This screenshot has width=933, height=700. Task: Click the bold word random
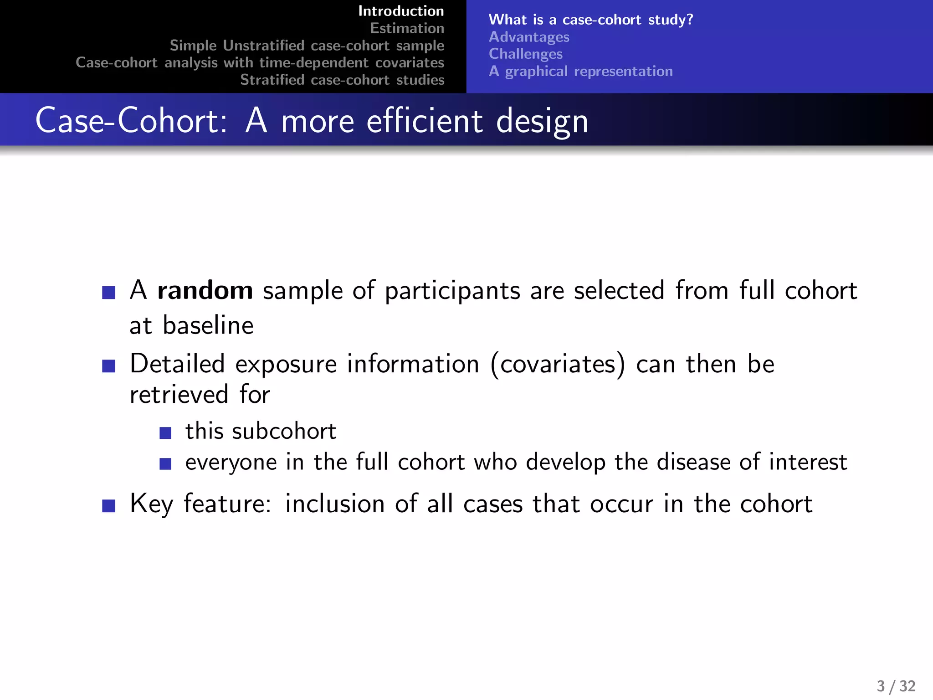coord(205,291)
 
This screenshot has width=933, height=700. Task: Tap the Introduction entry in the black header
coord(401,11)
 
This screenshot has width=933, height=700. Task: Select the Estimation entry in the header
coord(407,28)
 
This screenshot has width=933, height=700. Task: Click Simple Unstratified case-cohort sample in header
coord(307,46)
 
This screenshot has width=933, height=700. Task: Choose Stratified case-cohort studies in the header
coord(342,80)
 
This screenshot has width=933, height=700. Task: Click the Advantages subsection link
coord(529,37)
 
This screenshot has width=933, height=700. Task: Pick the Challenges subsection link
coord(525,54)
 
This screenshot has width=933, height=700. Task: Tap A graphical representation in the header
coord(580,71)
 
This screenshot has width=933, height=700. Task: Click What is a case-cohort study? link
coord(590,20)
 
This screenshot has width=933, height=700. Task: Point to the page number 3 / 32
coord(896,686)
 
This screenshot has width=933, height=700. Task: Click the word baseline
coord(208,325)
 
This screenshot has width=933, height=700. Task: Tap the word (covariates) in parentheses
coord(558,365)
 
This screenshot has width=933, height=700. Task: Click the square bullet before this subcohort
coord(165,433)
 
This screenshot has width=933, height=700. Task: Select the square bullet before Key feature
coord(109,505)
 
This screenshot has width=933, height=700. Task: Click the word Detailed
coord(177,364)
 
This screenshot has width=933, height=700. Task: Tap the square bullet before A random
coord(109,292)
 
